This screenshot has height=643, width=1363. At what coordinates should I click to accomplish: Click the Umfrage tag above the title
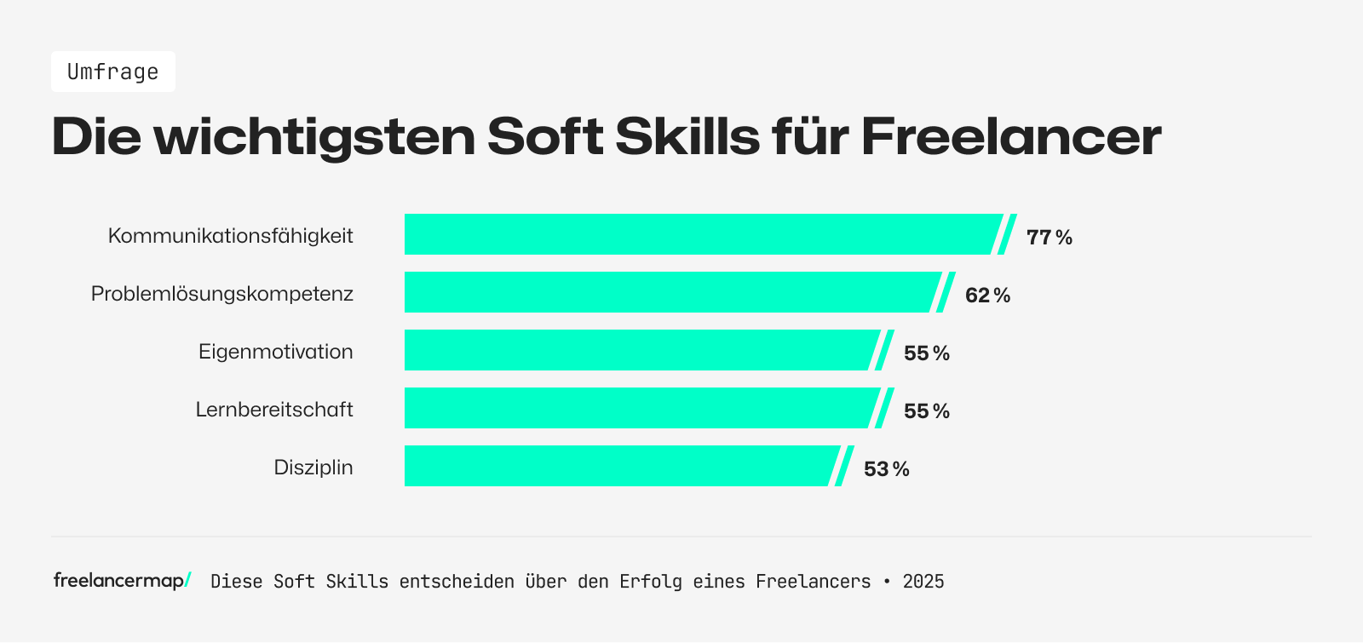pyautogui.click(x=112, y=72)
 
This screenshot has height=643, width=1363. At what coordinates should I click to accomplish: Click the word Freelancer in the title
pyautogui.click(x=1010, y=136)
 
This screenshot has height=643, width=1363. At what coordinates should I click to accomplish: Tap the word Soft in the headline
pyautogui.click(x=545, y=136)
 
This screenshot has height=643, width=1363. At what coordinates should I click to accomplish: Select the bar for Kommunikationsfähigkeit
pyautogui.click(x=699, y=234)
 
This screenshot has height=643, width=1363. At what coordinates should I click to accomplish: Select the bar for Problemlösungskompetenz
pyautogui.click(x=669, y=292)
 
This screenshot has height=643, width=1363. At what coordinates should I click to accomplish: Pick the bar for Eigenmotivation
pyautogui.click(x=639, y=350)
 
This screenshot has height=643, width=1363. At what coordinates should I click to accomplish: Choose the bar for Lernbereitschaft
pyautogui.click(x=639, y=408)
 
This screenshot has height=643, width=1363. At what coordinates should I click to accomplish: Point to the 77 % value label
pyautogui.click(x=1049, y=238)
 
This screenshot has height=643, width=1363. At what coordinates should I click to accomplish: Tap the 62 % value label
pyautogui.click(x=987, y=296)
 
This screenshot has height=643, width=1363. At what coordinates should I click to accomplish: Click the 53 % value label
pyautogui.click(x=886, y=469)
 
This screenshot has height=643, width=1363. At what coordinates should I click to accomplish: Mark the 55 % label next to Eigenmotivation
pyautogui.click(x=926, y=353)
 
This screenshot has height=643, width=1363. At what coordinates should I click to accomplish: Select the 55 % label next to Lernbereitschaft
pyautogui.click(x=926, y=411)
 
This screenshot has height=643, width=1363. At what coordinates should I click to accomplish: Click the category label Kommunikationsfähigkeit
pyautogui.click(x=230, y=236)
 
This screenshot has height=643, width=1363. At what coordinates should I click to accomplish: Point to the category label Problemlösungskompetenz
pyautogui.click(x=221, y=294)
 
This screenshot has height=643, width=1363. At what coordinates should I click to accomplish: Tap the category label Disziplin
pyautogui.click(x=313, y=468)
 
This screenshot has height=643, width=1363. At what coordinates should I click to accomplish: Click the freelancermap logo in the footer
pyautogui.click(x=122, y=581)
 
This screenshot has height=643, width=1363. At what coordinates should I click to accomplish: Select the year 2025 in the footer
pyautogui.click(x=923, y=582)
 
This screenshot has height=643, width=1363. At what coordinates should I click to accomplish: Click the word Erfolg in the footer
pyautogui.click(x=650, y=582)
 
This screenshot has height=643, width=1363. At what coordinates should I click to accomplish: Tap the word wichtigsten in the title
pyautogui.click(x=314, y=136)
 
